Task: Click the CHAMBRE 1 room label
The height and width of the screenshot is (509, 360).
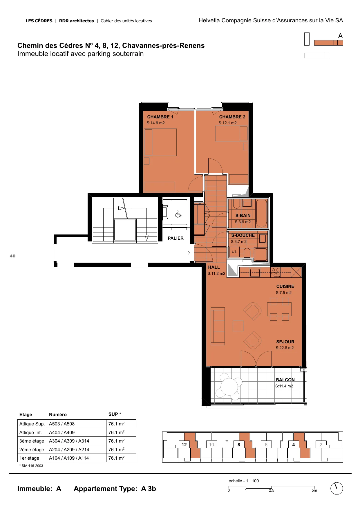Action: pyautogui.click(x=160, y=117)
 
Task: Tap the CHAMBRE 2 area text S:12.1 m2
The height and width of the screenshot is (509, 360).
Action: pyautogui.click(x=227, y=123)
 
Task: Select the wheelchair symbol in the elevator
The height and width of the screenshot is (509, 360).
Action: pyautogui.click(x=178, y=214)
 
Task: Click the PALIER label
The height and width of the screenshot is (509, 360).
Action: pyautogui.click(x=176, y=238)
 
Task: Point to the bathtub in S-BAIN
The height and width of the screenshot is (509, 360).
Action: pyautogui.click(x=261, y=214)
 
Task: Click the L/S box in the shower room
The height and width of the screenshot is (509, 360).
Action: pyautogui.click(x=234, y=252)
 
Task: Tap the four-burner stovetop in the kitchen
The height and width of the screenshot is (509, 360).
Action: pyautogui.click(x=276, y=272)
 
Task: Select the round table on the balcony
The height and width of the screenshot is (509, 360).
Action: pyautogui.click(x=229, y=387)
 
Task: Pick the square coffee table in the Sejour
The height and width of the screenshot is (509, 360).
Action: pyautogui.click(x=238, y=326)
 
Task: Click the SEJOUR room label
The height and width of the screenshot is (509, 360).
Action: pyautogui.click(x=285, y=342)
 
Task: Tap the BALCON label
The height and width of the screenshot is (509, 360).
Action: pyautogui.click(x=285, y=380)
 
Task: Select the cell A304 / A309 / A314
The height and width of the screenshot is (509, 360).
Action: pyautogui.click(x=69, y=441)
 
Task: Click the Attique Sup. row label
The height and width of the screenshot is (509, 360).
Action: pyautogui.click(x=32, y=424)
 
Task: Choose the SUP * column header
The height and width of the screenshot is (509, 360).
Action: pyautogui.click(x=115, y=414)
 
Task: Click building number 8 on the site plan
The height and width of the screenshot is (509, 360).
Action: pyautogui.click(x=239, y=445)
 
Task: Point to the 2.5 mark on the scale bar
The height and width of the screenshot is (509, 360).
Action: pyautogui.click(x=272, y=490)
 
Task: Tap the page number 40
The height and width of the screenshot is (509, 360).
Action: pyautogui.click(x=12, y=256)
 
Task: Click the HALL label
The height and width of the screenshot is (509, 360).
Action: pyautogui.click(x=214, y=267)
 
